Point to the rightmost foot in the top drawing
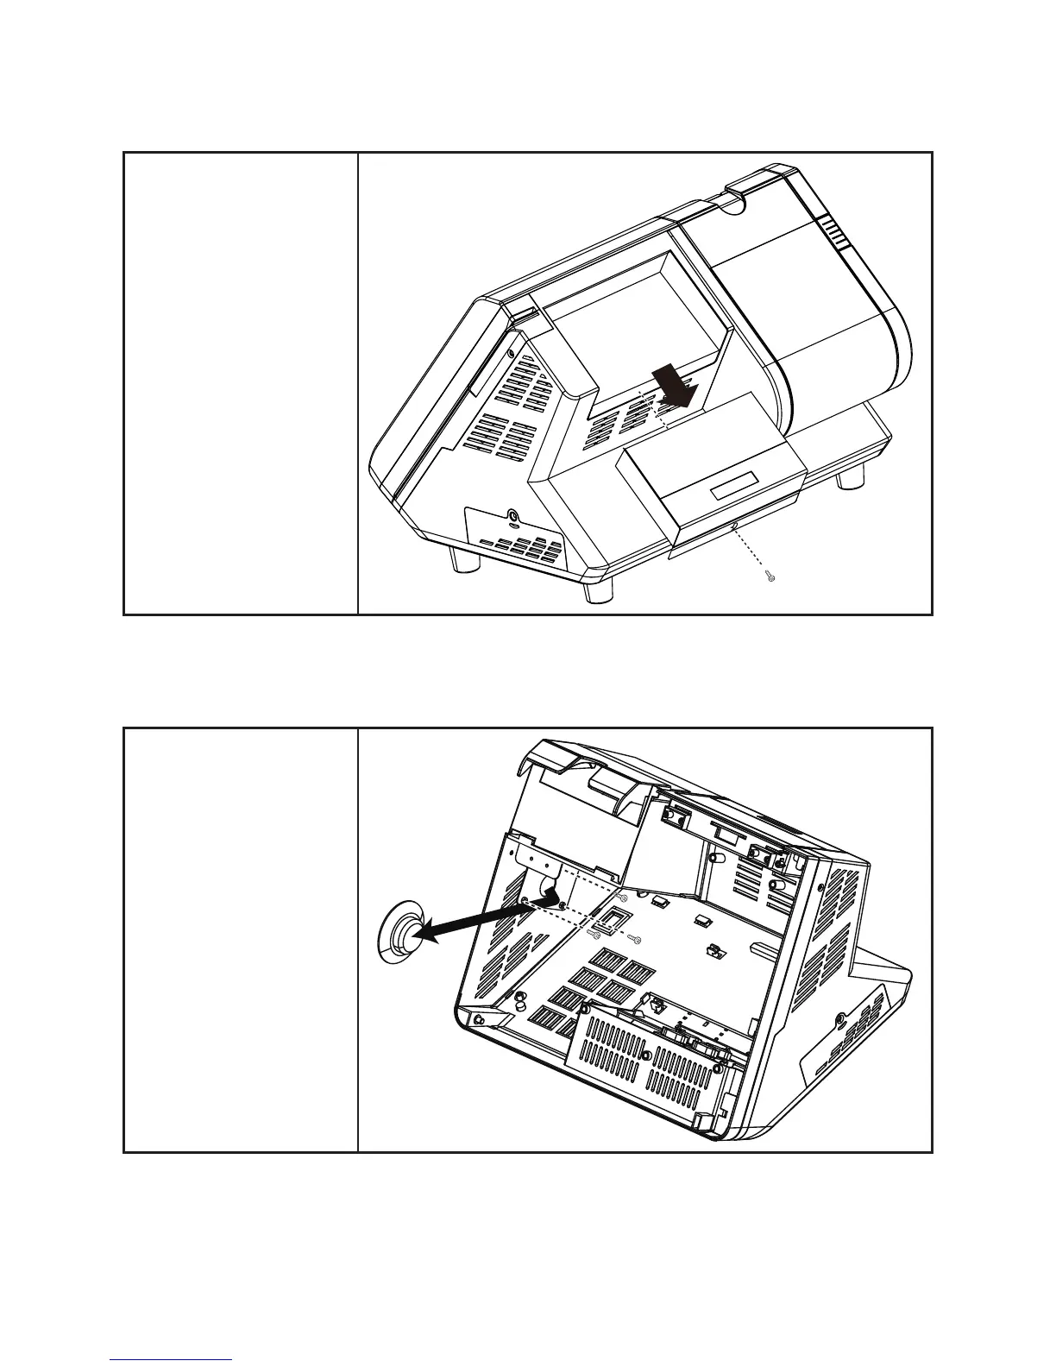click(850, 477)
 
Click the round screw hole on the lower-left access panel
click(515, 517)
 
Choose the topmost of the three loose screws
click(623, 898)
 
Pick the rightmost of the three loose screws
click(636, 940)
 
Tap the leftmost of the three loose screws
click(594, 933)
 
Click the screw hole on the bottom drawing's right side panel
click(841, 1019)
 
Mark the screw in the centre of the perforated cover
click(645, 1054)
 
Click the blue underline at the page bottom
click(171, 1359)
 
